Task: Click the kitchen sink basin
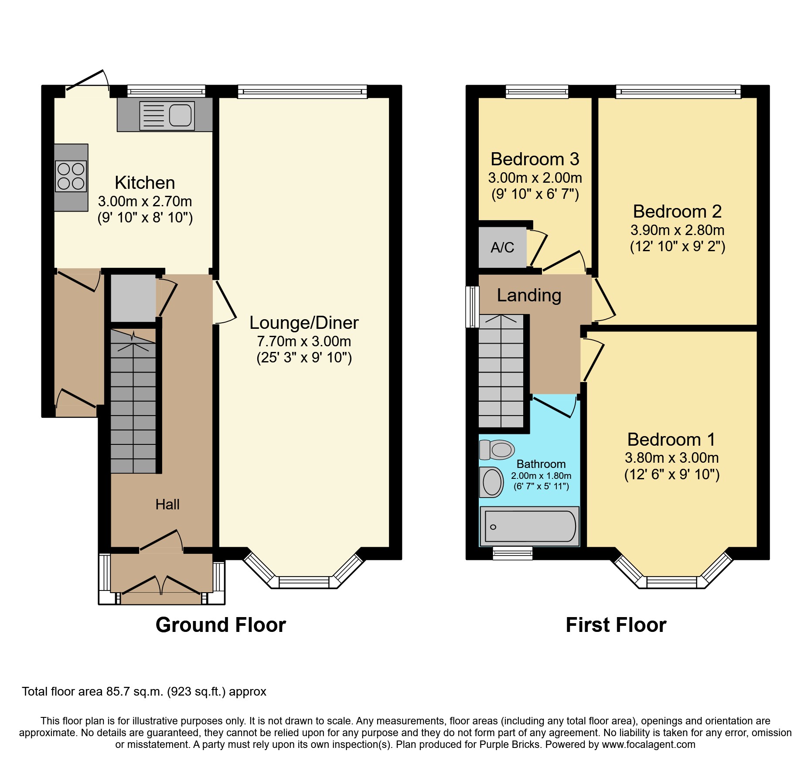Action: point(180,116)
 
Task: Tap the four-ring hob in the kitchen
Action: point(71,176)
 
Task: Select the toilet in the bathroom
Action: point(497,450)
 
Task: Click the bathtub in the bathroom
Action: point(530,526)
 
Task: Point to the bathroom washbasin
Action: point(492,482)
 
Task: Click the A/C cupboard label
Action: point(502,248)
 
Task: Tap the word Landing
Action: point(529,295)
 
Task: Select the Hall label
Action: point(167,505)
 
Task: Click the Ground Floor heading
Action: point(221,625)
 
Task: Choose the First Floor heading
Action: point(616,625)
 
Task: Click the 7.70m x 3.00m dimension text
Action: point(304,341)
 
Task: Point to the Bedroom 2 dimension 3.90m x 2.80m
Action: point(677,230)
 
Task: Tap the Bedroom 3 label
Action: point(535,159)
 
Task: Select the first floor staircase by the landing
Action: point(501,371)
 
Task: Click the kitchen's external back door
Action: point(87,83)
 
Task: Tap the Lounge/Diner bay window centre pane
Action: point(304,582)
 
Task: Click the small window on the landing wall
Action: point(472,307)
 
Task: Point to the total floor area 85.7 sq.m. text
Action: point(144,692)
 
